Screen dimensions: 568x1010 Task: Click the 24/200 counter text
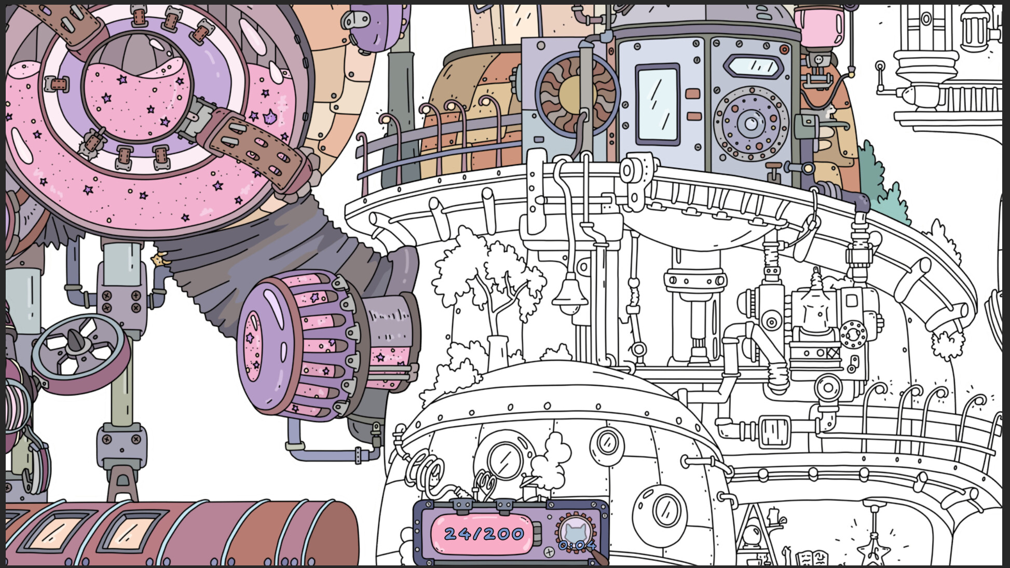484,534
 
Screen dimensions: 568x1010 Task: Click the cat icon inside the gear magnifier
576,531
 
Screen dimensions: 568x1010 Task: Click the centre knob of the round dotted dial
750,124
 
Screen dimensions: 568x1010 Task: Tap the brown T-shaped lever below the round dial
774,170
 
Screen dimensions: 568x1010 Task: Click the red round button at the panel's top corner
784,50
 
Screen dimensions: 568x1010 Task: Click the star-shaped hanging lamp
873,550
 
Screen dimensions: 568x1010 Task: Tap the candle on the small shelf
773,516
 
